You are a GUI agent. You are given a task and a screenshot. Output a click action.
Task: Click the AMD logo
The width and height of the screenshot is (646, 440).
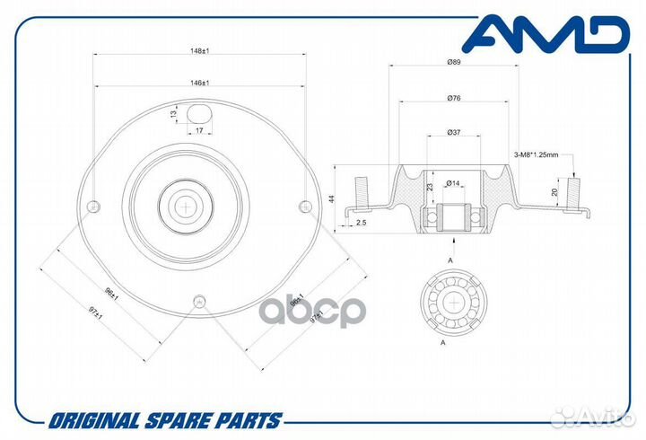546,34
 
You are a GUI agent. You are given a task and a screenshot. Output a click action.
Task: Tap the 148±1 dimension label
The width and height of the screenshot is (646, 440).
200,50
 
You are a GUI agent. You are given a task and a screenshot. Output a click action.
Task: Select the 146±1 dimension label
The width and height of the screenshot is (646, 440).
200,83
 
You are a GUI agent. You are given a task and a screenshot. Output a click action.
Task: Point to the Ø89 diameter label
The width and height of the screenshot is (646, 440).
454,62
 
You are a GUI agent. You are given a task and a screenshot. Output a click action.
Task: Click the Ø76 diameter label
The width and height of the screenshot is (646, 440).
454,98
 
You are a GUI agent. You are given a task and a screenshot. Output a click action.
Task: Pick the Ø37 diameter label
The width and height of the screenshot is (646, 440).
454,132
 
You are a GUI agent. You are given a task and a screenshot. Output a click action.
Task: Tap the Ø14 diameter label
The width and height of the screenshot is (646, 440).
453,182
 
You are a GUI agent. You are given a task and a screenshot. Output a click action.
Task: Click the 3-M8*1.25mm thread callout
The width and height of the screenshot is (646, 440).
536,155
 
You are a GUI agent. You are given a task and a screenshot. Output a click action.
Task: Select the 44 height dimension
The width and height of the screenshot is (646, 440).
332,198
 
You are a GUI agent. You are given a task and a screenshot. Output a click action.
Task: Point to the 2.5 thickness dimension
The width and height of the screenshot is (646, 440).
361,223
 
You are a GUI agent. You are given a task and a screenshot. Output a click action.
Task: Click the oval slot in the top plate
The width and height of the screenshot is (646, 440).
199,113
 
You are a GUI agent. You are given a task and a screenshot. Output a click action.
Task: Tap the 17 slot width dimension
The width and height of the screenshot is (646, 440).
199,131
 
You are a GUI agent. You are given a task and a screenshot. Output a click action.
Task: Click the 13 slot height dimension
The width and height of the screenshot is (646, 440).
174,113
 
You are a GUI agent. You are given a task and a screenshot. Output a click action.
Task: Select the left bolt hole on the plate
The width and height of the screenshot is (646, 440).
95,206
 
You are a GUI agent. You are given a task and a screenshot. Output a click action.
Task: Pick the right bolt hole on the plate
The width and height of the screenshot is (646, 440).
305,206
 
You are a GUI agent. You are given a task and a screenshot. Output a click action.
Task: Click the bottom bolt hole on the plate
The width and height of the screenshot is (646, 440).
200,301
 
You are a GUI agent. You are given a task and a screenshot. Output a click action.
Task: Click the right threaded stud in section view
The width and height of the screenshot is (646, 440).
573,192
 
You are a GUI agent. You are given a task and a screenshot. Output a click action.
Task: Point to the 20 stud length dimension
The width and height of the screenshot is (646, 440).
554,192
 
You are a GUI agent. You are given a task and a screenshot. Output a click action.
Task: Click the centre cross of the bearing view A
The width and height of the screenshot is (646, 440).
454,304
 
